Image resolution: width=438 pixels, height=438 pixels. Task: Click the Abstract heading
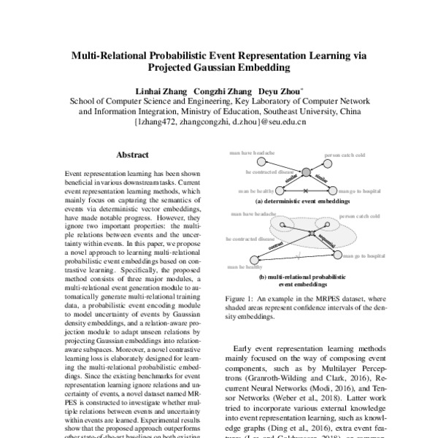(x=132, y=155)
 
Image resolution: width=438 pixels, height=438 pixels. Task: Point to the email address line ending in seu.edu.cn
(x=220, y=123)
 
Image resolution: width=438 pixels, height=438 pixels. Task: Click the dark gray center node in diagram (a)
(x=306, y=173)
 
